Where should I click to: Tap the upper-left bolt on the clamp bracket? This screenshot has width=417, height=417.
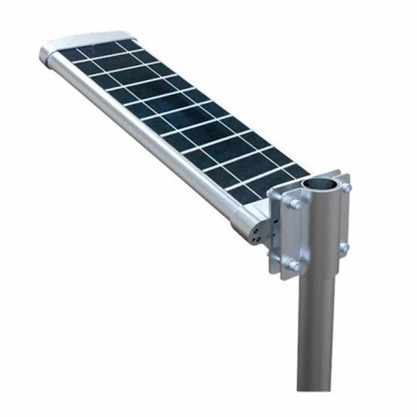point(294,203)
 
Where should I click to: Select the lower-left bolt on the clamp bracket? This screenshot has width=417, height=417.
point(293,265)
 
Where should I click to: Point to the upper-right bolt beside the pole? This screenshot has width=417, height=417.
point(345,188)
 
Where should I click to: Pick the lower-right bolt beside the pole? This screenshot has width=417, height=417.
point(344,248)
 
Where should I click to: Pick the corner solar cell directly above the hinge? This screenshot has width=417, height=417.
point(244,193)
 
